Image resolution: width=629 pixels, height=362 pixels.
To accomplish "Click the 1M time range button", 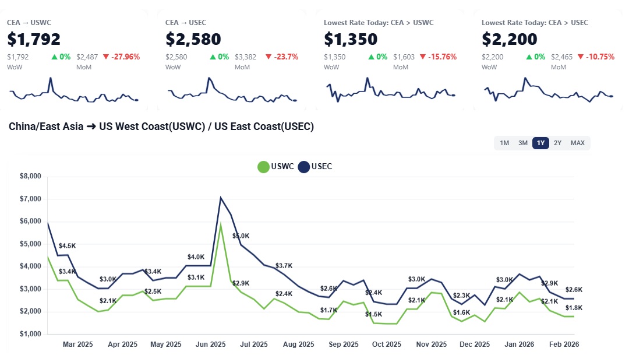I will point(504,143).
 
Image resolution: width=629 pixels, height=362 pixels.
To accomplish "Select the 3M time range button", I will point(523,143).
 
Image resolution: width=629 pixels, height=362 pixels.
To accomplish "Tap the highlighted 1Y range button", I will point(541,143).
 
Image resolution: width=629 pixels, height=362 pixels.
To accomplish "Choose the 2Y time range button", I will point(558,143).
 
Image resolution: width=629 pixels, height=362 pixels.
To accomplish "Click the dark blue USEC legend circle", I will point(304,167).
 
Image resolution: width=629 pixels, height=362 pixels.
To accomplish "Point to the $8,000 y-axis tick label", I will point(30,176).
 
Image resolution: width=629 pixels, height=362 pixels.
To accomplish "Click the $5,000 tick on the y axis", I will point(30,244).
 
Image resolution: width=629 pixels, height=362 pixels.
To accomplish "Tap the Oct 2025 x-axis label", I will point(386,345).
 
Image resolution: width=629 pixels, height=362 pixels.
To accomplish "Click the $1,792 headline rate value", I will point(34,39).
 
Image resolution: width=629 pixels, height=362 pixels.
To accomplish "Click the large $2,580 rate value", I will point(193,39).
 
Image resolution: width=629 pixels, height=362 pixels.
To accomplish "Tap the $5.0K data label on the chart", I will point(241,236).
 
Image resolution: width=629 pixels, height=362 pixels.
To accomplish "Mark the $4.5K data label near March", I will point(67,246).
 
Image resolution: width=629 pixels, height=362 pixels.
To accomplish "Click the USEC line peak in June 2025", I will point(221,198).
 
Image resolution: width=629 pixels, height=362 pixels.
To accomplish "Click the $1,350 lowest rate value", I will point(351,39).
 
